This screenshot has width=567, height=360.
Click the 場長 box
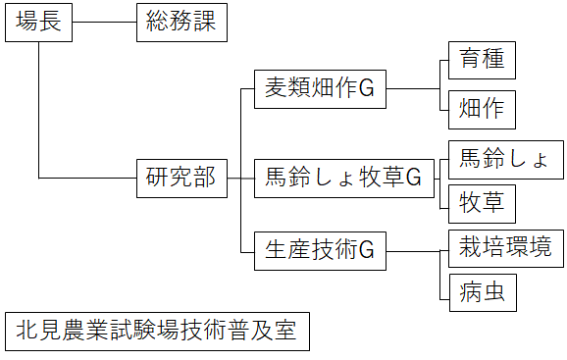click(39, 23)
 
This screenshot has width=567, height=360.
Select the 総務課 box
click(181, 23)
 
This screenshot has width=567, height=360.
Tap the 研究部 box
click(181, 179)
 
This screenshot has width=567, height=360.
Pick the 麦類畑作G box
click(319, 89)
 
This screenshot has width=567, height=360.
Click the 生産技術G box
click(319, 251)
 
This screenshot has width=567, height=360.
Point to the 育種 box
click(481, 60)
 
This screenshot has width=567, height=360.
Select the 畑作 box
click(481, 110)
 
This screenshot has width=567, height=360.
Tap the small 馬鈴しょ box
click(505, 157)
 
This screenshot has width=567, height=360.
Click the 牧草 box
click(481, 203)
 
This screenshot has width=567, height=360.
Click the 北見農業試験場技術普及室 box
click(156, 332)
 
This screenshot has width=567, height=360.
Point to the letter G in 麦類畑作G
click(367, 89)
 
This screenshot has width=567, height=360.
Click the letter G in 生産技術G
click(367, 251)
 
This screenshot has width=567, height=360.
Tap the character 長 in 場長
click(51, 23)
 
